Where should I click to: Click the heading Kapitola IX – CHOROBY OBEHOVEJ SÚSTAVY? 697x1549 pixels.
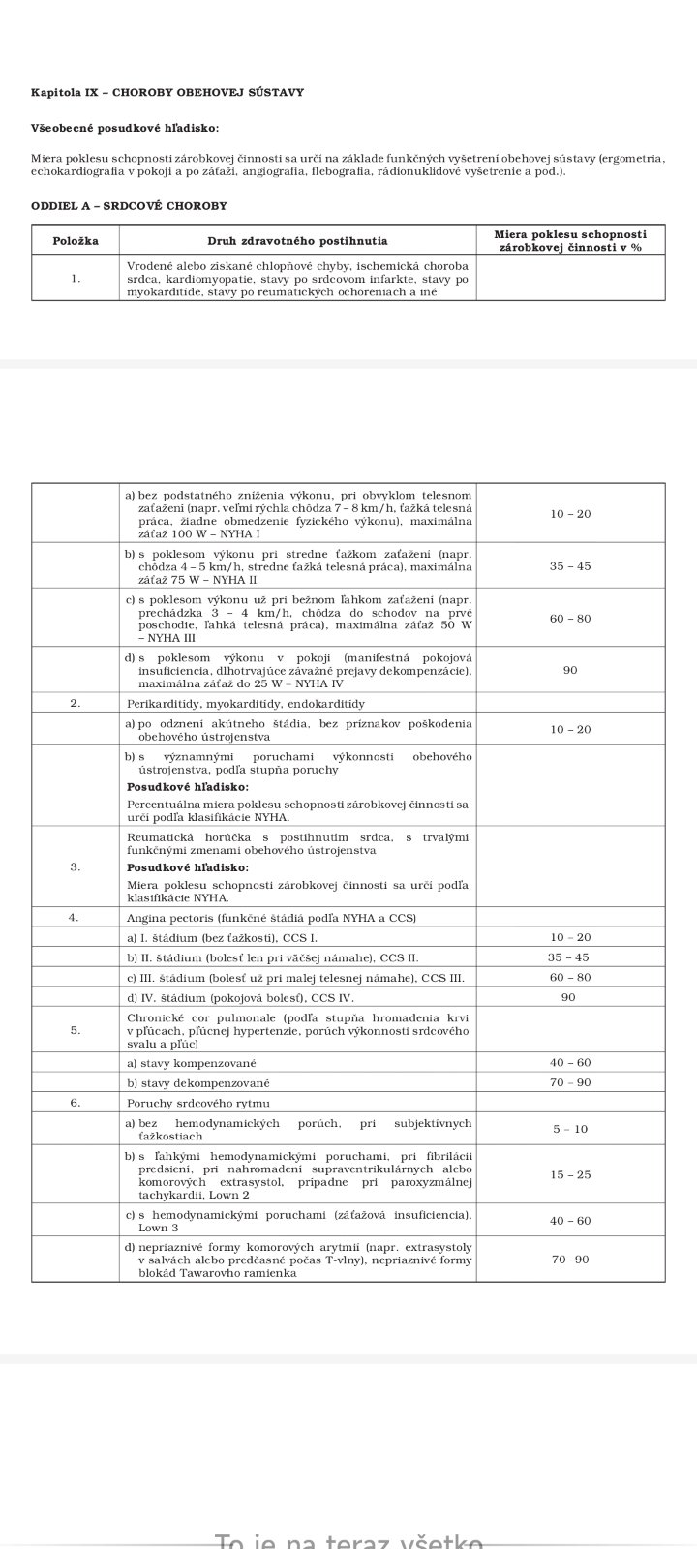167,93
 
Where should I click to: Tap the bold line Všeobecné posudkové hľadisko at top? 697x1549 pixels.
125,128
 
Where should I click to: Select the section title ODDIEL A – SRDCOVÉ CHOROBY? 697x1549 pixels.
129,206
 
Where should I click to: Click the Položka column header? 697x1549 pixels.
76,240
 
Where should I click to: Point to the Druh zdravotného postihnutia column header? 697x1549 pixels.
297,240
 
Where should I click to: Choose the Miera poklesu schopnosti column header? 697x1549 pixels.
570,240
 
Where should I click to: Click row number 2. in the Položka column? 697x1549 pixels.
76,704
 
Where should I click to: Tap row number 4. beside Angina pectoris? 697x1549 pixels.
74,917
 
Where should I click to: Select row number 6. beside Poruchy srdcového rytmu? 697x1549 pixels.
76,1103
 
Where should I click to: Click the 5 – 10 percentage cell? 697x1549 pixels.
570,1129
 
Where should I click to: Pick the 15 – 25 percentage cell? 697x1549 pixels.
570,1174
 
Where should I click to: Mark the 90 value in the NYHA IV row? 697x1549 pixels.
570,670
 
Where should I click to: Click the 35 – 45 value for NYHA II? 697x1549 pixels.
570,565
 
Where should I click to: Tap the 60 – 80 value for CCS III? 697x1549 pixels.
570,978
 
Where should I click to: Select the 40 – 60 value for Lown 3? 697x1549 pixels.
570,1221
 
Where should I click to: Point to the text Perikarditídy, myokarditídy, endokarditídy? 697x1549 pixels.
246,704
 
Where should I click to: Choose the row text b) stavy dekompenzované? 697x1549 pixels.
198,1082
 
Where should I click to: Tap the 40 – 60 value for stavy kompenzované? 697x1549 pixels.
570,1062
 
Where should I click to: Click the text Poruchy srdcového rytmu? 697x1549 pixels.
198,1103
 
